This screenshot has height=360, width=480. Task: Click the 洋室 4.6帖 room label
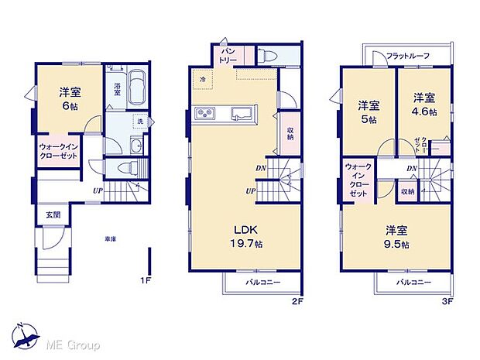(x=423, y=105)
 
